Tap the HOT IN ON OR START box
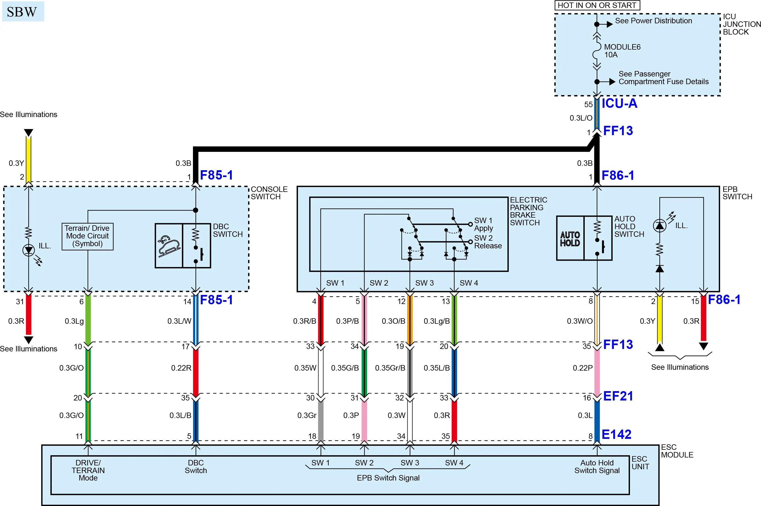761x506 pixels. [597, 5]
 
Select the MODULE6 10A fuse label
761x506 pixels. [622, 51]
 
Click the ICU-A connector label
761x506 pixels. [619, 103]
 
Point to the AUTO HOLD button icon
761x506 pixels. [570, 238]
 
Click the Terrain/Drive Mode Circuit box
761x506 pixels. [87, 236]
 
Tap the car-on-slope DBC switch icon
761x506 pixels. [169, 246]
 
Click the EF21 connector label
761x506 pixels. [618, 396]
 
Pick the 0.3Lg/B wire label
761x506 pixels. [437, 321]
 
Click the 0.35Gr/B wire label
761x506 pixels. [390, 368]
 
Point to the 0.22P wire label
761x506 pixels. [583, 368]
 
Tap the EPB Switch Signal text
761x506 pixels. [388, 478]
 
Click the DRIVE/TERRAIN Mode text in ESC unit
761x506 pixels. [88, 470]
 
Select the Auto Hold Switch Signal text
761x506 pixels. [597, 467]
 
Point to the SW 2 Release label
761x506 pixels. [488, 242]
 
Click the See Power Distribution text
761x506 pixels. [653, 21]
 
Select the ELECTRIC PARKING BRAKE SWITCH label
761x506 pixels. [528, 211]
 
